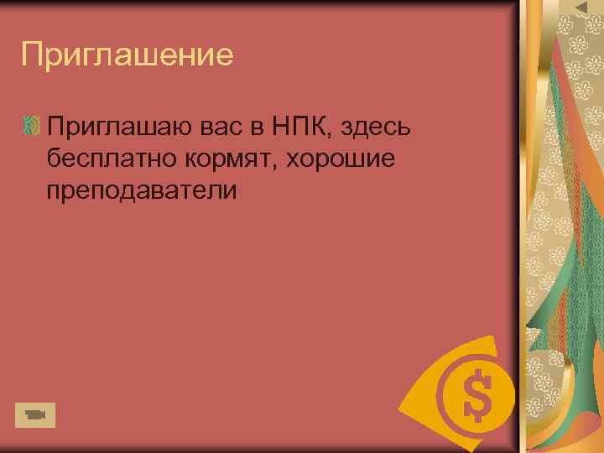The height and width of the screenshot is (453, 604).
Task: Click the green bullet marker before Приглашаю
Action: coord(32,127)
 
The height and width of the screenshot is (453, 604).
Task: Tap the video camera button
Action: coord(34,414)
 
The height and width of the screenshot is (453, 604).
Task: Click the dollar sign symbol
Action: coord(477,395)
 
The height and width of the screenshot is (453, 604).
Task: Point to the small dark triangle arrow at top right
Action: coord(581,8)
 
